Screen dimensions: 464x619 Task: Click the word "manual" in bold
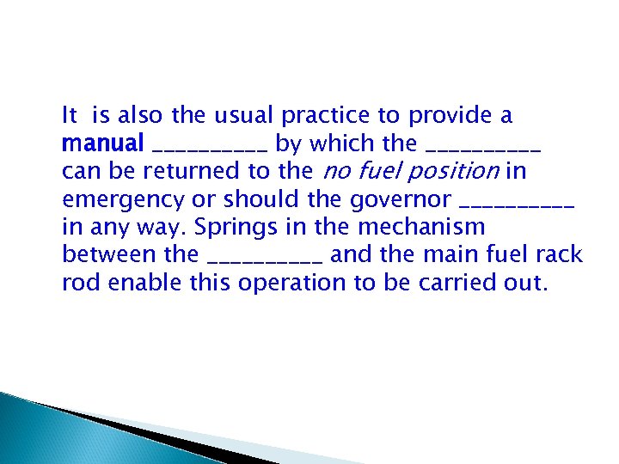pos(103,143)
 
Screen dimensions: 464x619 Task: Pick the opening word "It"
pos(70,115)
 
